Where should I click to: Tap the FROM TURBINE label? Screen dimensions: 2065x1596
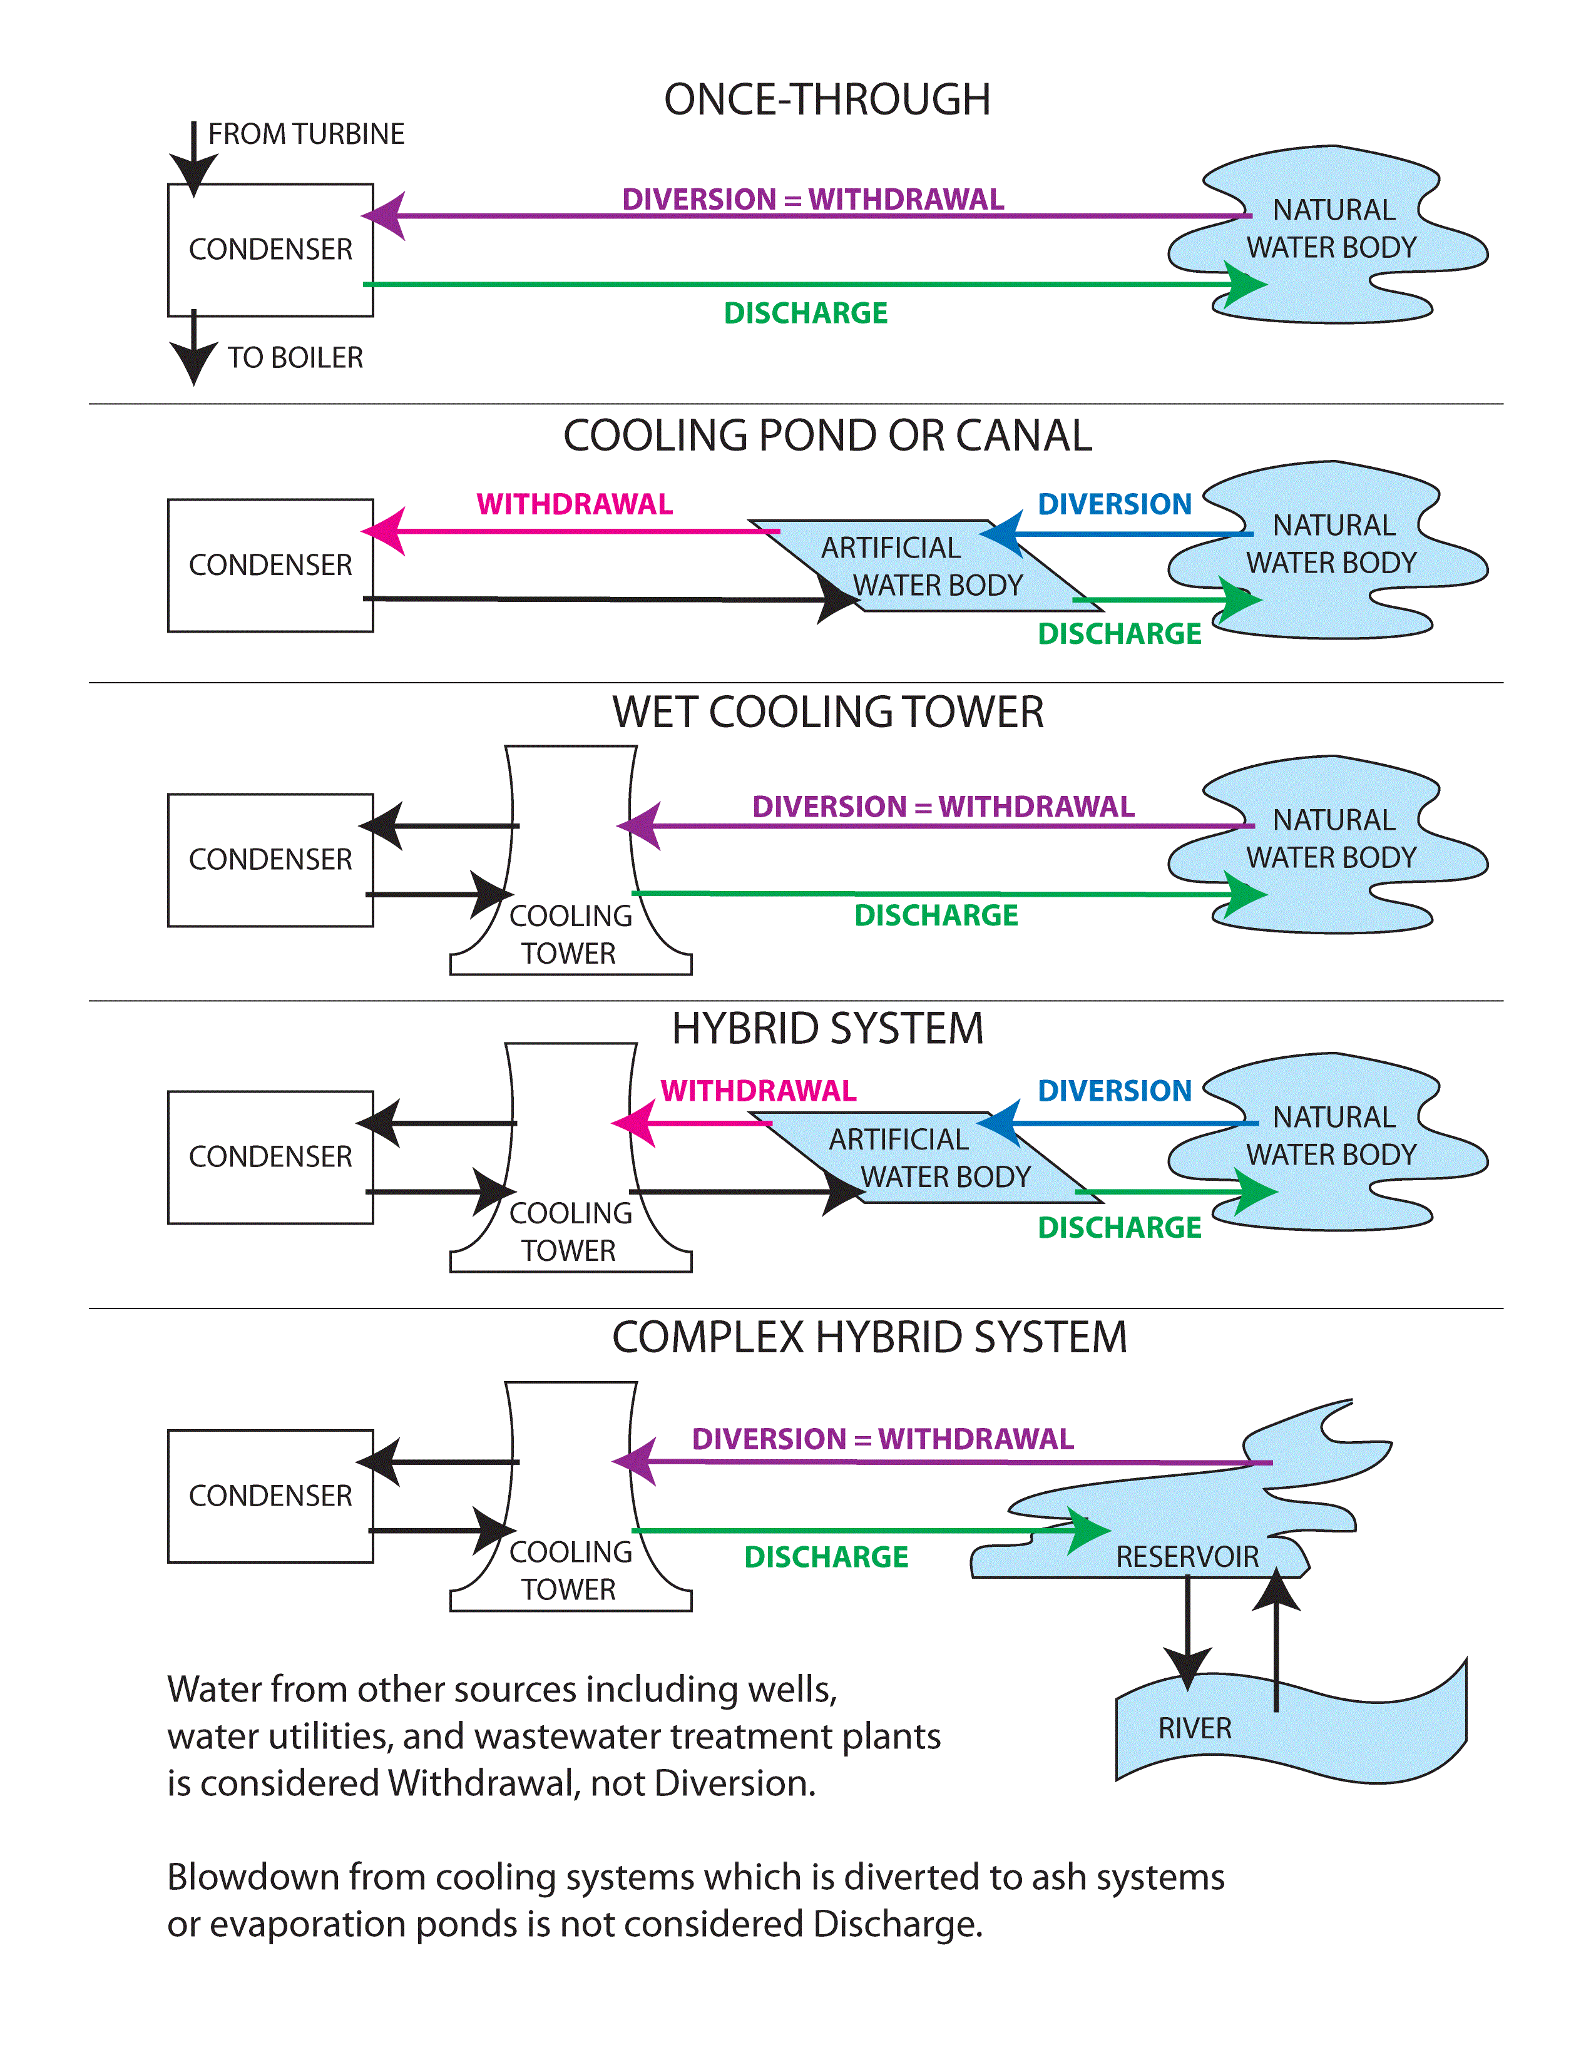click(305, 135)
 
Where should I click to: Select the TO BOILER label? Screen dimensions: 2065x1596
click(295, 357)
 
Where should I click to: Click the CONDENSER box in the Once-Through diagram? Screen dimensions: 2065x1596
click(270, 250)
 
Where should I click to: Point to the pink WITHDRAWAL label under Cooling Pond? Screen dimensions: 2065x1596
click(574, 504)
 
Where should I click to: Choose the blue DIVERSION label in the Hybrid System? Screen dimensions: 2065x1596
click(1114, 1090)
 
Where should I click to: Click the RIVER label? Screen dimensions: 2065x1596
click(1194, 1728)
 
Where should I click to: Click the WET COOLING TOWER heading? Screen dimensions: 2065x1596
click(827, 712)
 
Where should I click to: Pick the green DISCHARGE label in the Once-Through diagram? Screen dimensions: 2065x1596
click(806, 313)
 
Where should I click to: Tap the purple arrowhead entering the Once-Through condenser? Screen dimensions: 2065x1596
click(386, 216)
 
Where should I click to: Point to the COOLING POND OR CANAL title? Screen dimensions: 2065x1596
click(827, 436)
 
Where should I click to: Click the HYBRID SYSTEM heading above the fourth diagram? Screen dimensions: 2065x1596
click(827, 1029)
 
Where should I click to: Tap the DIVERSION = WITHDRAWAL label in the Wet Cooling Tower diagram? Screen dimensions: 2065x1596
click(943, 807)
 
